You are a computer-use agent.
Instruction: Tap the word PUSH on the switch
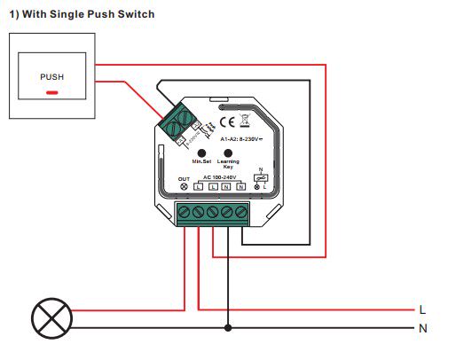coord(52,76)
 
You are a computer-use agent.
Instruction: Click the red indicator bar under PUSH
coord(52,91)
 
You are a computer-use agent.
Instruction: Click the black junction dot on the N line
coord(228,328)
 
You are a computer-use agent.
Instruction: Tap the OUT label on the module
coord(185,178)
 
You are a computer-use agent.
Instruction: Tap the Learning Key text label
coord(228,164)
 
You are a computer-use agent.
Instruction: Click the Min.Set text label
coord(200,162)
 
